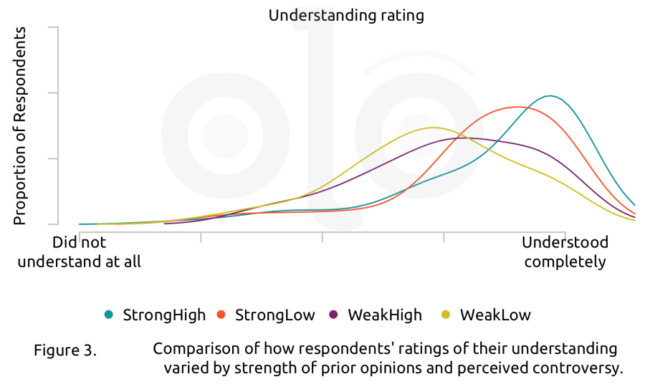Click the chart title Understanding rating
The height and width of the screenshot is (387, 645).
(x=346, y=16)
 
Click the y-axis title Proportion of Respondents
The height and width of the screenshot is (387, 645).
(x=20, y=126)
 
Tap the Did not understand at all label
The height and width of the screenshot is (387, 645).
(x=80, y=252)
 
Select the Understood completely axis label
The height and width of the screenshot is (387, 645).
(x=565, y=252)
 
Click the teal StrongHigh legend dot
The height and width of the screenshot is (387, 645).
(x=109, y=315)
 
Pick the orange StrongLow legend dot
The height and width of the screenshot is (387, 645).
(x=221, y=315)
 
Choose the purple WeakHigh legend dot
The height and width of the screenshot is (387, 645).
(x=333, y=315)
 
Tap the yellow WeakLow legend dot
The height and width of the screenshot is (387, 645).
(x=446, y=315)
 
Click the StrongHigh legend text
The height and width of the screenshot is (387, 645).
(x=164, y=315)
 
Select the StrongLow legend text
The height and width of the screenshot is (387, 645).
(x=274, y=315)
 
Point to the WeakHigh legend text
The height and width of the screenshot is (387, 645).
(x=385, y=315)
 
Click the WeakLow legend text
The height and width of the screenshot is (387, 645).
(x=495, y=315)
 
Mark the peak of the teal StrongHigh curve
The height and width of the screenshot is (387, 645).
(x=550, y=96)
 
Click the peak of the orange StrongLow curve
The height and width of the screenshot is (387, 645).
(x=517, y=107)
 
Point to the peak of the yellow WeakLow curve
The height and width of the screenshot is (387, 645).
(x=432, y=128)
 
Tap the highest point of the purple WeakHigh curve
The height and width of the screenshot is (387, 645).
(x=464, y=138)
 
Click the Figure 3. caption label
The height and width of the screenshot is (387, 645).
(x=65, y=350)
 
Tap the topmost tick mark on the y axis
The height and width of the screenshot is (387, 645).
(x=54, y=27)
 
